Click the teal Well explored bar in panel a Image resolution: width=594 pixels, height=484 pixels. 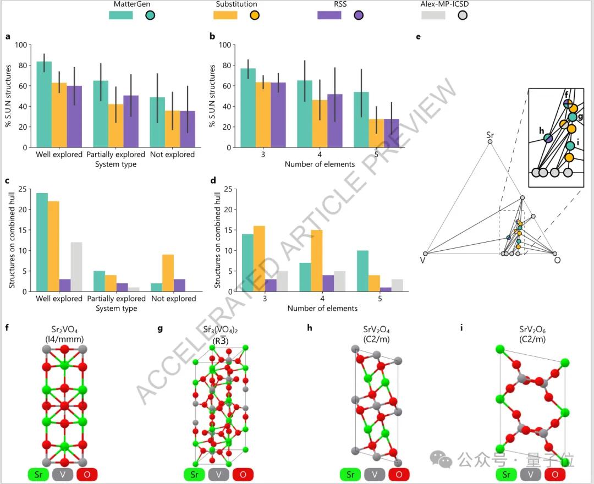point(44,105)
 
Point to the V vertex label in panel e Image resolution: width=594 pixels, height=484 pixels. point(422,260)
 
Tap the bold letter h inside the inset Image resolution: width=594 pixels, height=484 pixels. point(542,130)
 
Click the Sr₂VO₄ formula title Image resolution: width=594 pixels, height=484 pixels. point(64,329)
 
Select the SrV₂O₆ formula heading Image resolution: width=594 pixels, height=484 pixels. point(532,329)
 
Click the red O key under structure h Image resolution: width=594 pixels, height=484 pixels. point(398,475)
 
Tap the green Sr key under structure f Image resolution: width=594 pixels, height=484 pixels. point(38,475)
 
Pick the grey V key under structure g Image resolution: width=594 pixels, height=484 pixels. point(218,475)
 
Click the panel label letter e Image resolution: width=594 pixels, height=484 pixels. point(419,37)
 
